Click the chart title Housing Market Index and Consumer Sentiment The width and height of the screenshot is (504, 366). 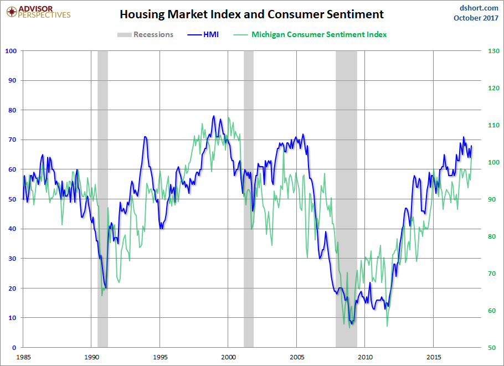coord(252,14)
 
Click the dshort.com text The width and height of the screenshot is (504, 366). coord(480,7)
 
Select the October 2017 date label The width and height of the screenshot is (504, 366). coord(476,18)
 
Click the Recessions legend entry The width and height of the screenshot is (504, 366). coord(146,34)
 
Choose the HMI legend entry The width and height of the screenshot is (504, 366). coord(203,34)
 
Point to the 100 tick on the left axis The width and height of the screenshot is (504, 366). coord(11,51)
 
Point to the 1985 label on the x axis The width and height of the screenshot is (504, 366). coord(23,357)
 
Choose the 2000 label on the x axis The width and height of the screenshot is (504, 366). coord(228,357)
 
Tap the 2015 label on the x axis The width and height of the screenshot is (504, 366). coord(434,357)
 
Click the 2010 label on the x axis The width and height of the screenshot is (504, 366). coord(366,357)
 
